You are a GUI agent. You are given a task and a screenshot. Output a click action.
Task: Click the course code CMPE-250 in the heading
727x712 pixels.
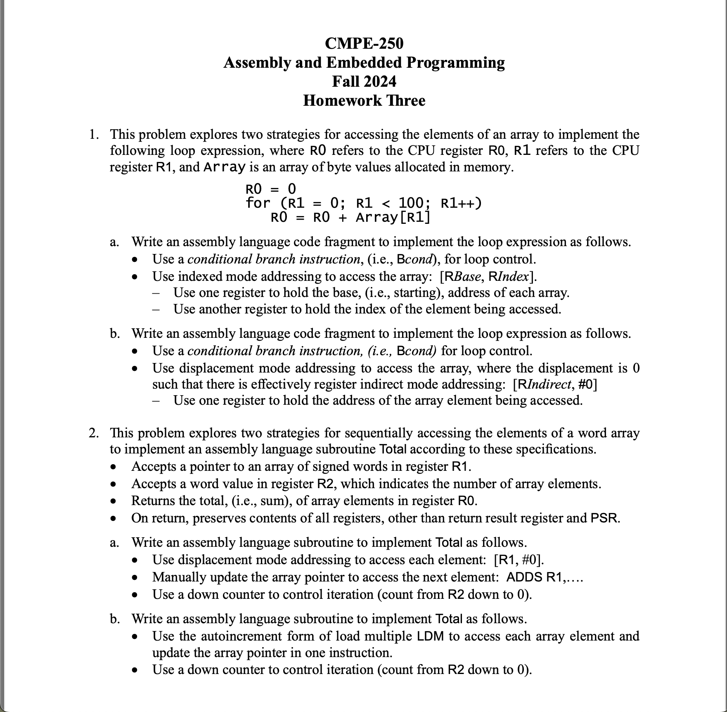click(364, 43)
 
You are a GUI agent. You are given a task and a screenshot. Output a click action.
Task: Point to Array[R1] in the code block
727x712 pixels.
click(393, 217)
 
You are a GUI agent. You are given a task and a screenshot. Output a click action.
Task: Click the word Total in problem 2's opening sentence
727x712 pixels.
click(393, 449)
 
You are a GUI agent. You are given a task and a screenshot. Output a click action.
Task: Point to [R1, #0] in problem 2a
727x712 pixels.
click(519, 560)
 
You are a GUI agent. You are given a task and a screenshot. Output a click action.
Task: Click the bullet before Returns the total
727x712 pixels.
click(113, 501)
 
